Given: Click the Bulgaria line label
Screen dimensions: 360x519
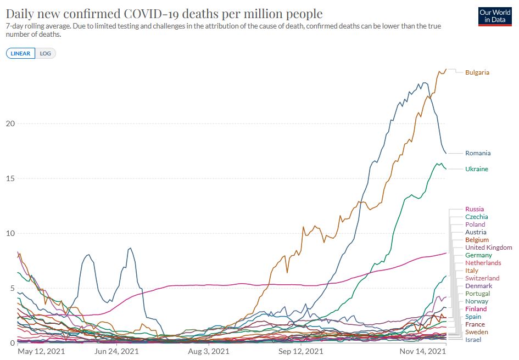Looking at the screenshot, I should point(477,72).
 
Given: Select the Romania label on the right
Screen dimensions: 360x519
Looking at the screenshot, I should point(478,153).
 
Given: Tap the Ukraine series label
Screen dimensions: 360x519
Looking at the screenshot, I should point(476,169).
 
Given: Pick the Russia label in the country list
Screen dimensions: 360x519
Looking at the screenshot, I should point(475,209).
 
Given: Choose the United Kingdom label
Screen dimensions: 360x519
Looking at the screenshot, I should point(488,248).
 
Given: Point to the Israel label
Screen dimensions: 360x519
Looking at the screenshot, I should point(473,340).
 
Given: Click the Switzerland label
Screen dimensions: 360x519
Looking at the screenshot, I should point(482,278).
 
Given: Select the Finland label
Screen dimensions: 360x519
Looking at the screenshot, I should point(476,309).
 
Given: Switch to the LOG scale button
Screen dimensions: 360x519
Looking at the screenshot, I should point(46,53).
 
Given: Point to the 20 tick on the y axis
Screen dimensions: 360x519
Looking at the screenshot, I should point(9,123).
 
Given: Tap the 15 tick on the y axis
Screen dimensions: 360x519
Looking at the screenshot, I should point(9,178).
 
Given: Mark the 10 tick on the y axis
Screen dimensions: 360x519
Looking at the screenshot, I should point(9,233).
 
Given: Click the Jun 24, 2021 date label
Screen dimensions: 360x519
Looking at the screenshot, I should point(116,351).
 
